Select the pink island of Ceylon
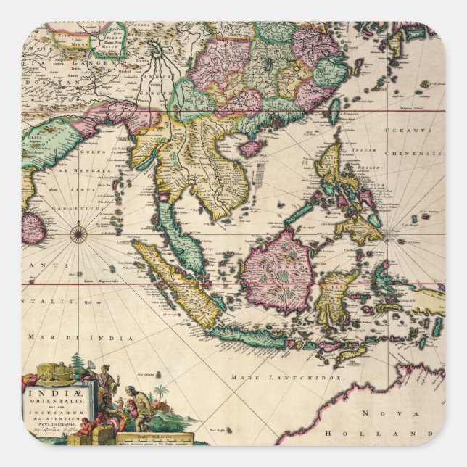pos(33,227)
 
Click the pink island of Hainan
pos(251,149)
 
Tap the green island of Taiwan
pos(334,109)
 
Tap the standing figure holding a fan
pos(104,379)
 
